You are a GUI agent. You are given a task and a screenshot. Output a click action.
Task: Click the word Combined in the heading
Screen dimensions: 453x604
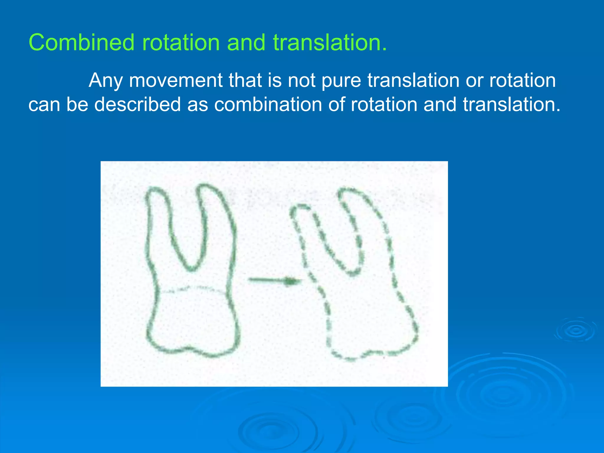[81, 43]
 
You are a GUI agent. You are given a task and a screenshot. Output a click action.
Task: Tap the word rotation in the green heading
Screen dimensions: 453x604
[181, 43]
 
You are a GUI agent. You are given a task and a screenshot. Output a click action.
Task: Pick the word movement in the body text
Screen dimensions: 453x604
[176, 80]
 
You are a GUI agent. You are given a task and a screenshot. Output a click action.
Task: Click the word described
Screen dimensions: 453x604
[137, 104]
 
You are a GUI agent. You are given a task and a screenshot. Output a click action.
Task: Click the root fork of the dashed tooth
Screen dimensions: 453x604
[352, 274]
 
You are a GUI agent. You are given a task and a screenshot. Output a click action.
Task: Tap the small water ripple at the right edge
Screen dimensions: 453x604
[575, 330]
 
